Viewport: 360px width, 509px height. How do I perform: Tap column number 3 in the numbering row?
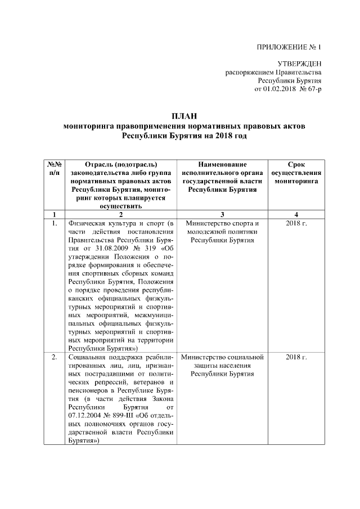coord(222,214)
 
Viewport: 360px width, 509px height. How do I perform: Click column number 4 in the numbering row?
coord(296,214)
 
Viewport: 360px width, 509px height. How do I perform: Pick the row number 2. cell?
coord(54,357)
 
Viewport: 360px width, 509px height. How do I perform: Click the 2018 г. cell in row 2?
coord(296,357)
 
